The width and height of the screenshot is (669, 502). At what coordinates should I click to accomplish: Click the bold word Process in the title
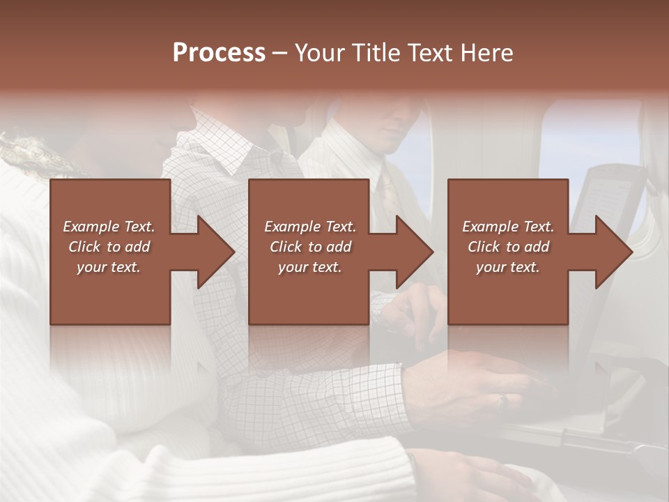[219, 52]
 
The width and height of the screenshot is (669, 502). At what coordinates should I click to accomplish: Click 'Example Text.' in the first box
[109, 227]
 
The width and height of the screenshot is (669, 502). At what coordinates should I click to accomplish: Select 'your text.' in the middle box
[309, 267]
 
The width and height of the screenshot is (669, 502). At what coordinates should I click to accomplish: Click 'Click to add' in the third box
[508, 247]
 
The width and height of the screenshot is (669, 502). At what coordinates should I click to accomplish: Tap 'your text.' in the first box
[109, 267]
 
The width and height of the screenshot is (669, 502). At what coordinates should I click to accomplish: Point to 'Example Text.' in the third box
[508, 227]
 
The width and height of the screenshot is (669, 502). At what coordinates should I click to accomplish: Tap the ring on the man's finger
[500, 401]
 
